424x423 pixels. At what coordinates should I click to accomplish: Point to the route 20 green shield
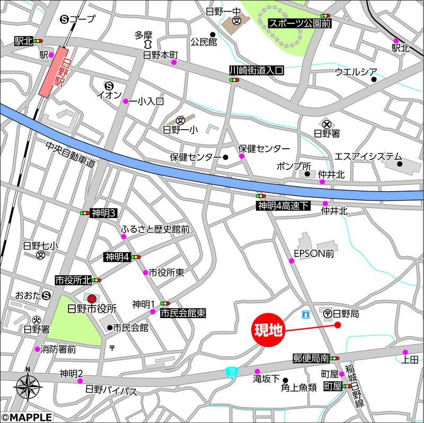[231, 372]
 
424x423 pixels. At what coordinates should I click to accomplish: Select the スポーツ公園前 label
[299, 23]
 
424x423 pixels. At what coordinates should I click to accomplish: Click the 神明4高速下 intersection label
[282, 205]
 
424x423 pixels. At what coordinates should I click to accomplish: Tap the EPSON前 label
[315, 254]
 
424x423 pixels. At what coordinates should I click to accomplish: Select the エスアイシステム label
[368, 157]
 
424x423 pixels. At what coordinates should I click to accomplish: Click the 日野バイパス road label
[111, 391]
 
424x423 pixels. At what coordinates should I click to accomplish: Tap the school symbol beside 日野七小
[40, 255]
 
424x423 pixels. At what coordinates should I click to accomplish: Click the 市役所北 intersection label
[73, 280]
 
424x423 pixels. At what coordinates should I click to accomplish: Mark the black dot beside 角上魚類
[285, 380]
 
